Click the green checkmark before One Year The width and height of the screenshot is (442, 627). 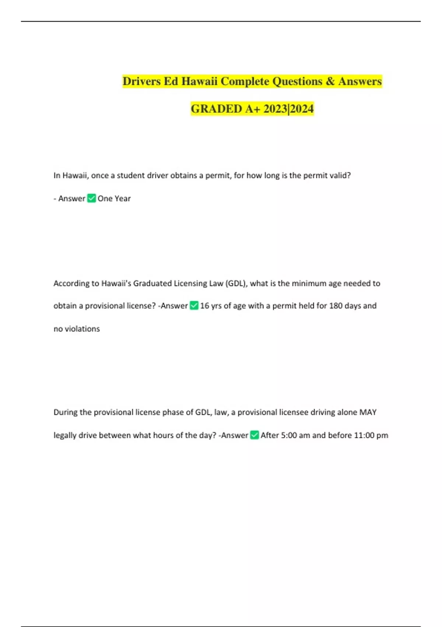[91, 198]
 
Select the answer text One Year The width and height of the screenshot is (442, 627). [114, 198]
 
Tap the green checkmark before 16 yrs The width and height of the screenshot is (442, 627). [194, 306]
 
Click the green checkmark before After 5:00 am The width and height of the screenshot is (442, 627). [254, 435]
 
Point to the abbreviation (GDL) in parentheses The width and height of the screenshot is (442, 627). [236, 284]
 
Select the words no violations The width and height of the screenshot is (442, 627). [77, 329]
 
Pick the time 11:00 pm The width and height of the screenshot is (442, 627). [371, 435]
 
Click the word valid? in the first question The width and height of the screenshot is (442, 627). [340, 176]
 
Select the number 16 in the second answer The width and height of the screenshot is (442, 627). [204, 306]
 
